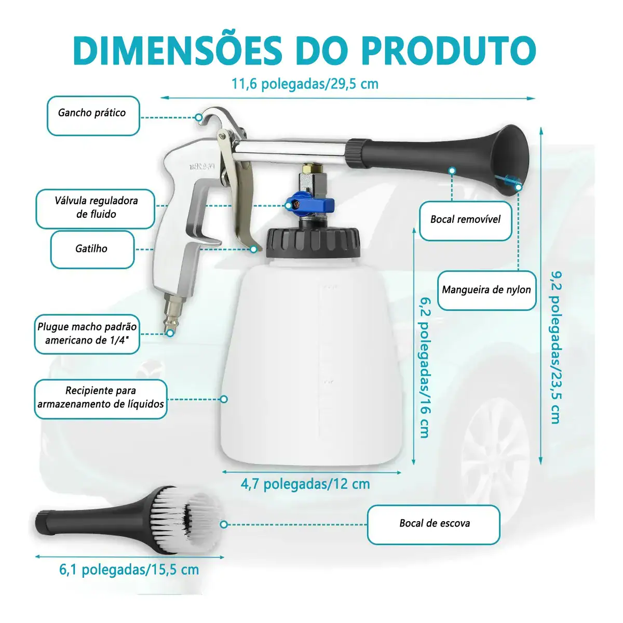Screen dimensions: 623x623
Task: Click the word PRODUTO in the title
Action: tap(449, 50)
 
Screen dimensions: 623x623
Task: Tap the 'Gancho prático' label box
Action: tap(93, 115)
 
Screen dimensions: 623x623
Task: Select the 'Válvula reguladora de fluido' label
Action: tap(96, 209)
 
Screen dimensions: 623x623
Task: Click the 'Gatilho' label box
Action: tap(92, 249)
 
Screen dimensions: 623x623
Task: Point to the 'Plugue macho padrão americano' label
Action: tap(87, 334)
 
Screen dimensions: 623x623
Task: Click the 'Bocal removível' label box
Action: tap(466, 221)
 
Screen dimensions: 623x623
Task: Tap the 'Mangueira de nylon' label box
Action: tap(486, 290)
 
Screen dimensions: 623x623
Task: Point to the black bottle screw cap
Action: tap(313, 243)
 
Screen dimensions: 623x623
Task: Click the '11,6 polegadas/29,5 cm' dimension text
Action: tap(305, 84)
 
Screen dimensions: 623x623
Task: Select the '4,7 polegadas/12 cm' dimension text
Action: tap(305, 484)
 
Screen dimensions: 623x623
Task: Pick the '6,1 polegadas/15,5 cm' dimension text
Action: tap(129, 570)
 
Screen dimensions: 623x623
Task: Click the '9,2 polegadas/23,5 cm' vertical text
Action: tap(556, 348)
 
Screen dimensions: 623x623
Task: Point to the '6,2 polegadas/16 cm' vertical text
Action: tap(426, 368)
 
